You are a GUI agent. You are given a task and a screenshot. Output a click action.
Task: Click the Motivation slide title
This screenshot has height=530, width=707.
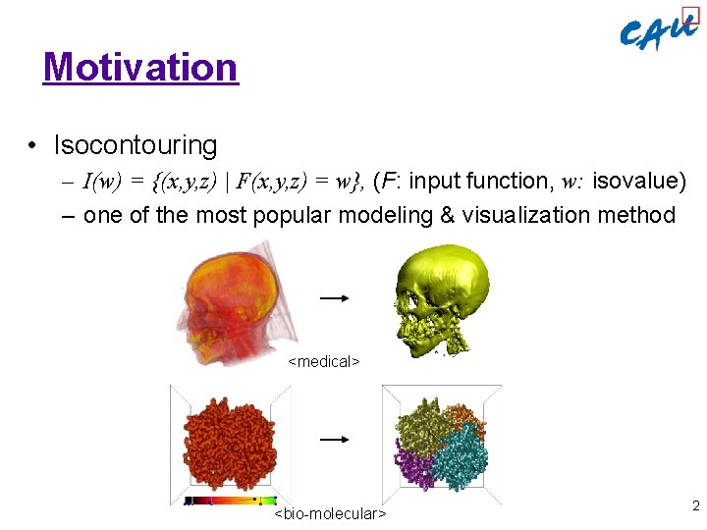point(140,67)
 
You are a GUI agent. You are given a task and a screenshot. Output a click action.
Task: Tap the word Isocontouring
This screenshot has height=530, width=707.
point(136,145)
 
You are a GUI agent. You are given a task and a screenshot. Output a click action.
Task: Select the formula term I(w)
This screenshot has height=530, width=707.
point(100,182)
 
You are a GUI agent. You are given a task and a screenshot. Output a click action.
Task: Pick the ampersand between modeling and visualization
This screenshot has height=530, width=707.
point(447,215)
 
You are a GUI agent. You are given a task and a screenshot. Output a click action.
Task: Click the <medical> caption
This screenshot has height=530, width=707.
point(324,362)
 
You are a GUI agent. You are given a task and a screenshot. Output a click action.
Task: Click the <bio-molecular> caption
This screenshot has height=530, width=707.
point(330,513)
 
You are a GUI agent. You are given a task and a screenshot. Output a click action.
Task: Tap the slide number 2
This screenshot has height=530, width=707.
point(695,506)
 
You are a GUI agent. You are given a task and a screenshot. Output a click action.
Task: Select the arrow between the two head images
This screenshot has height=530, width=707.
point(334,296)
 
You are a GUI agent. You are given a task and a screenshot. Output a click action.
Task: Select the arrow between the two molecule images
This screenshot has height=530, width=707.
point(334,440)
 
